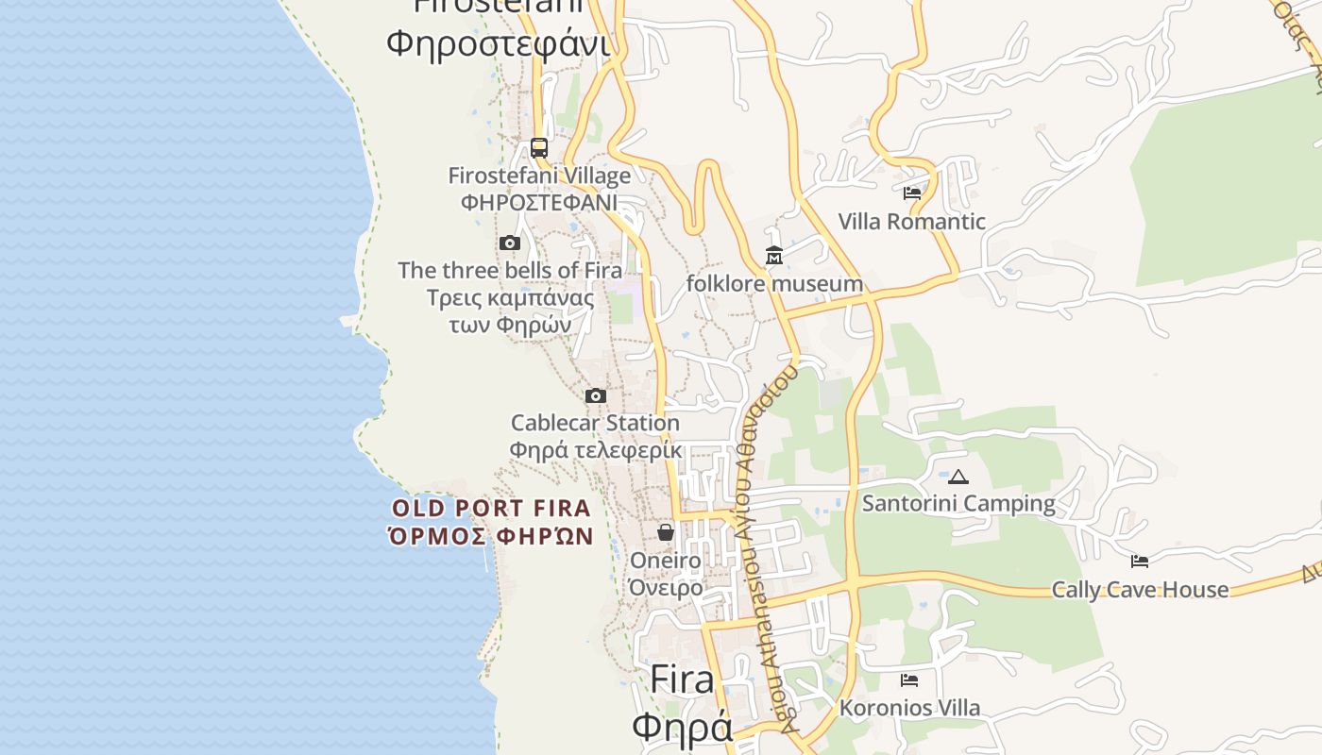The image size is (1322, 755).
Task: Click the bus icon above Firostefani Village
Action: point(539,148)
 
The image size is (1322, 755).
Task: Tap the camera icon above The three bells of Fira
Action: point(510,243)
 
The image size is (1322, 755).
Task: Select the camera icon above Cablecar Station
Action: point(595,395)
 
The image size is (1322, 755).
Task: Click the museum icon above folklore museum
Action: point(774,256)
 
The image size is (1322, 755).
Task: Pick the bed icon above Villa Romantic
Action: point(911,193)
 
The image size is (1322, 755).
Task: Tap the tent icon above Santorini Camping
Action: point(958,477)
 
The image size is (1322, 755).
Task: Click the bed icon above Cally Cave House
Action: point(1140,562)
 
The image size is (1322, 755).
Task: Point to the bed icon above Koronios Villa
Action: point(909,679)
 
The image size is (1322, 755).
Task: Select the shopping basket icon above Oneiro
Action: point(666,532)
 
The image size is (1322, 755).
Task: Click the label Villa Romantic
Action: point(911,222)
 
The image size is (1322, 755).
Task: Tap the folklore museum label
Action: point(774,283)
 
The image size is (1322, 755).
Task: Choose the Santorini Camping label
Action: point(958,503)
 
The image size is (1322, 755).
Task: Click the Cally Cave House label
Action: point(1140,590)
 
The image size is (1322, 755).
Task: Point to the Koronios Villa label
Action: point(909,708)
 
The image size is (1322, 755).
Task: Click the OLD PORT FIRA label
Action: point(491,509)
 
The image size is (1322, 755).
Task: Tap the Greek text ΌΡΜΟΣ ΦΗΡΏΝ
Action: point(491,537)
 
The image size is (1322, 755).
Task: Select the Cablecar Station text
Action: point(595,423)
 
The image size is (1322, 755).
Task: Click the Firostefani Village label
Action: point(539,176)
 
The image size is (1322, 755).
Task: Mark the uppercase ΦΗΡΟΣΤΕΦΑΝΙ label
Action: point(539,202)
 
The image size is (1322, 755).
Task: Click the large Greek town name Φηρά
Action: point(682,727)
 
